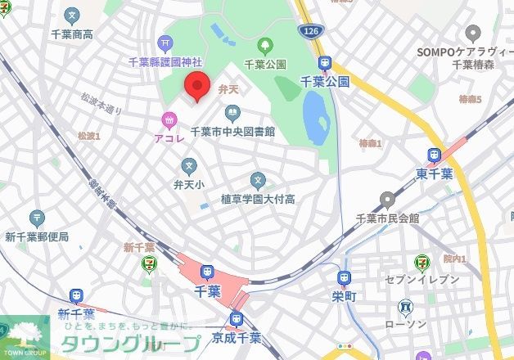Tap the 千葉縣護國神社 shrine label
point(165,62)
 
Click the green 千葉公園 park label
point(265,64)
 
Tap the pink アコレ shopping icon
point(169,120)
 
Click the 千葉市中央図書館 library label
point(232,131)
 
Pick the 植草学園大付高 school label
point(258,199)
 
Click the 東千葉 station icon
point(434,155)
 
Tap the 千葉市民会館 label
point(388,218)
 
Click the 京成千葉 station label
point(238,337)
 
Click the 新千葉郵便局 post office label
point(37,237)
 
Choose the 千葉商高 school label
point(72,34)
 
